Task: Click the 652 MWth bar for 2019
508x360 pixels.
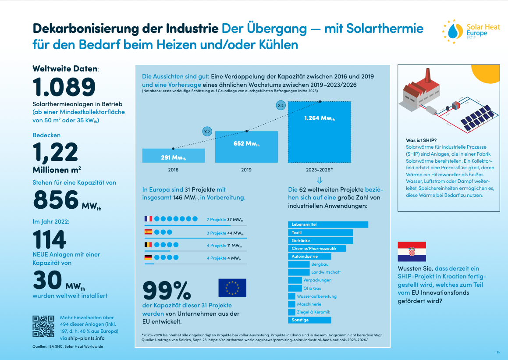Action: coord(246,146)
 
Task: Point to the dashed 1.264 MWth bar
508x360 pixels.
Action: coord(319,132)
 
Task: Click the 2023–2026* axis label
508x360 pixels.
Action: coord(319,170)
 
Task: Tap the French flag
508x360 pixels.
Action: coord(148,219)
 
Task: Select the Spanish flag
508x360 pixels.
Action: coord(148,232)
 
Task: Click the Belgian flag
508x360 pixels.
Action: coord(148,245)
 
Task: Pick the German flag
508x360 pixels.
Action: coord(148,258)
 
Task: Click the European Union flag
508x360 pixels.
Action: coord(232,288)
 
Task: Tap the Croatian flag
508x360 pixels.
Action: coord(412,252)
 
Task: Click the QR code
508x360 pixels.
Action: coord(44,326)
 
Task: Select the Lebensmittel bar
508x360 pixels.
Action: coord(328,225)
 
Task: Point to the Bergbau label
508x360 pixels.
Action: coord(320,264)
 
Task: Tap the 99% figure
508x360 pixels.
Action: coord(167,290)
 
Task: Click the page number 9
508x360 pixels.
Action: coord(498,353)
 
